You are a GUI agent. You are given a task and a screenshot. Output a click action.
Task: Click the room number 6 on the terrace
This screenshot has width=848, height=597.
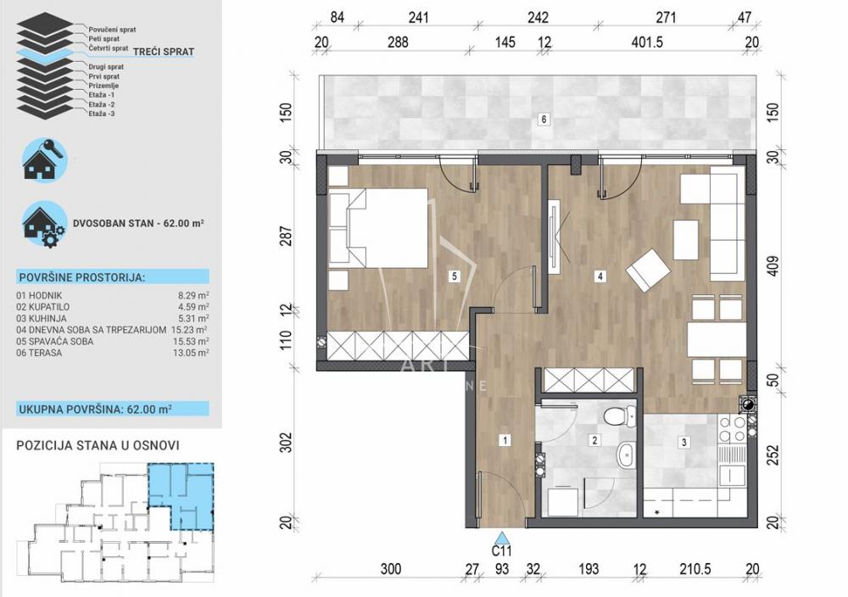pyautogui.click(x=544, y=119)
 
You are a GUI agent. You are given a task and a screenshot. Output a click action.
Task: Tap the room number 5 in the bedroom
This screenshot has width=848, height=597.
pyautogui.click(x=455, y=276)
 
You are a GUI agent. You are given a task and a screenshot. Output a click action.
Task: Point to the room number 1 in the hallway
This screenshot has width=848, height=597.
pyautogui.click(x=505, y=440)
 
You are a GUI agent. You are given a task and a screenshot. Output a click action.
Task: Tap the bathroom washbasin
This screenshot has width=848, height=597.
pyautogui.click(x=627, y=455)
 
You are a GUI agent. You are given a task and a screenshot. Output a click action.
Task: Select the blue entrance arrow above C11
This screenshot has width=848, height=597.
pyautogui.click(x=503, y=538)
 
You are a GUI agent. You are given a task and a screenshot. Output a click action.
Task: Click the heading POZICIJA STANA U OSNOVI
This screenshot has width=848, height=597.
pyautogui.click(x=98, y=445)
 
